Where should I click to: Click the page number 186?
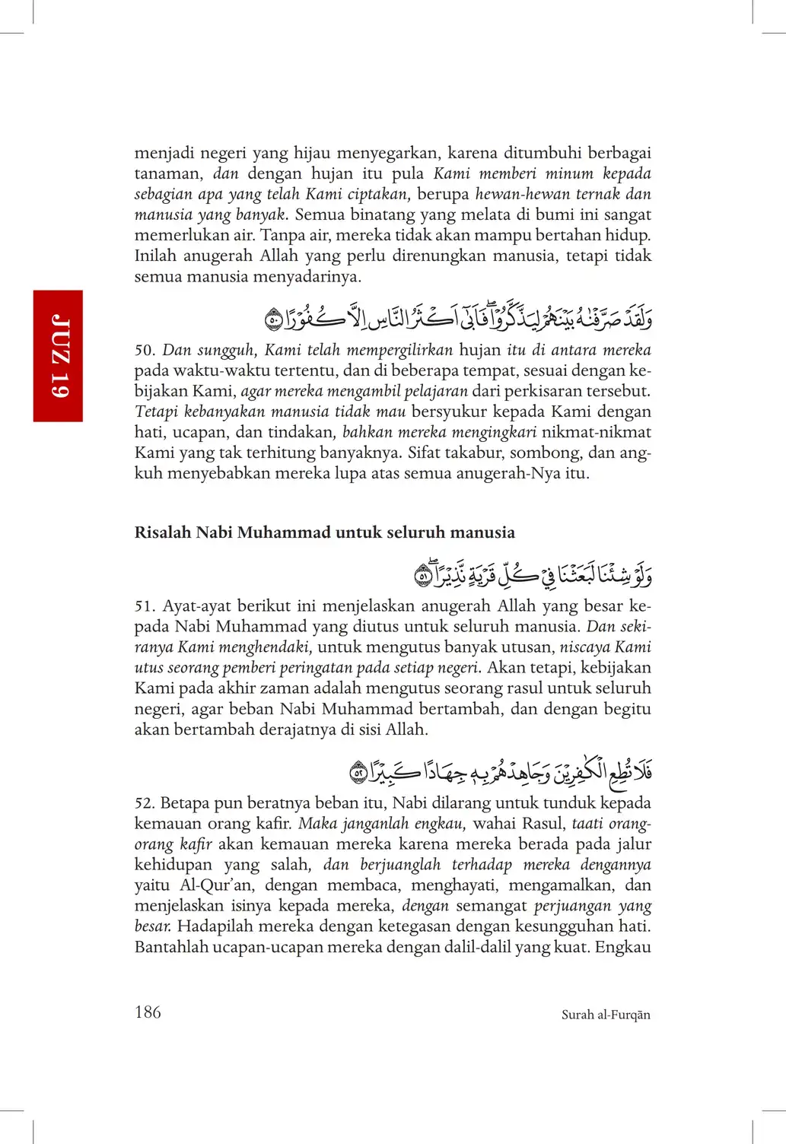click(x=148, y=1012)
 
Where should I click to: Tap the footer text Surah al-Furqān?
click(x=606, y=1015)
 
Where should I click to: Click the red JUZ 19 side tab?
click(x=58, y=355)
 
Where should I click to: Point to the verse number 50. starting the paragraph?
click(x=145, y=351)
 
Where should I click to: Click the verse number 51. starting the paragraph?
click(x=145, y=606)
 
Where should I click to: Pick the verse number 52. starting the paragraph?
click(x=145, y=803)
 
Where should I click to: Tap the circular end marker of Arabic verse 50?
click(x=274, y=320)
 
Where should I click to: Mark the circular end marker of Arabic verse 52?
click(x=358, y=774)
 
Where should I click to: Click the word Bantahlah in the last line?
click(x=168, y=947)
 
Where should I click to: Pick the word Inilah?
click(x=155, y=256)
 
